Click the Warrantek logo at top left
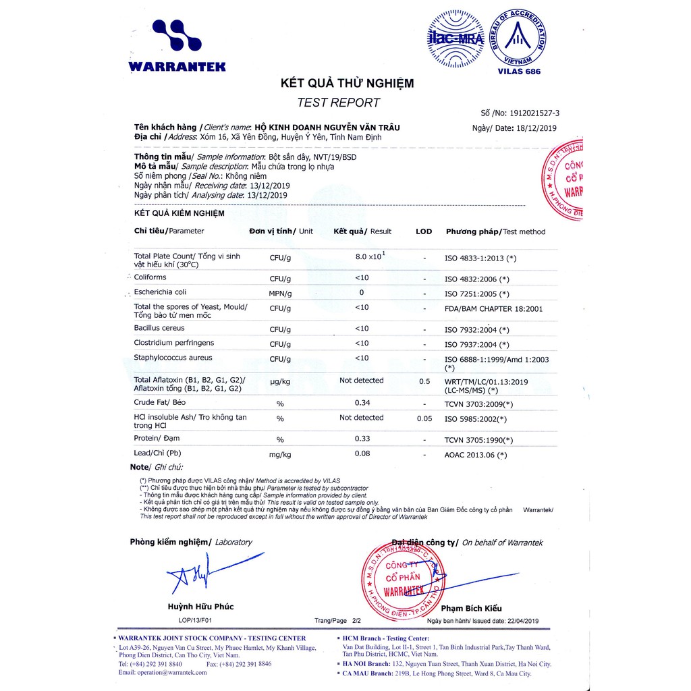click(177, 45)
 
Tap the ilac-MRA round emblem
click(456, 38)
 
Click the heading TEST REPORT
click(338, 103)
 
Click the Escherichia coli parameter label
click(160, 292)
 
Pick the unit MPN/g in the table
click(280, 294)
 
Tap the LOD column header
click(424, 231)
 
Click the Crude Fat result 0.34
click(362, 403)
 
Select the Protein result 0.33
click(362, 439)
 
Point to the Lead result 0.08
click(362, 453)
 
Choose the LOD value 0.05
click(424, 418)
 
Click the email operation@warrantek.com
click(162, 673)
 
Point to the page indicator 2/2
click(356, 620)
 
